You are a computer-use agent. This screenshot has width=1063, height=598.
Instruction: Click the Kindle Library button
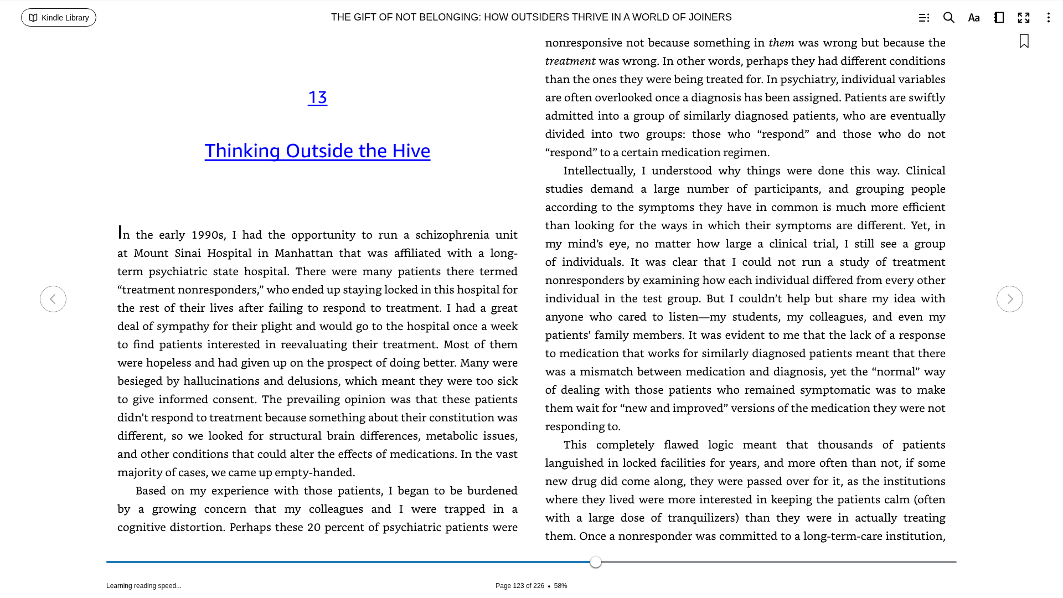click(59, 18)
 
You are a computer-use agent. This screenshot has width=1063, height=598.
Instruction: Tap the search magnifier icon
click(949, 18)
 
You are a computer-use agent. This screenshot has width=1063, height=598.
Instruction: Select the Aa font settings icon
click(974, 18)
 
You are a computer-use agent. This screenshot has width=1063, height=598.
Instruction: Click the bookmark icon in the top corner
click(1024, 42)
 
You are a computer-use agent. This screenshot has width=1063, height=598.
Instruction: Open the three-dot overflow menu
click(1048, 18)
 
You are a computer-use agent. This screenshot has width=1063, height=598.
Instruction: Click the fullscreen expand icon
click(1024, 18)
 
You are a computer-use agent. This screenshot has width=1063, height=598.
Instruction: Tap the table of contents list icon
click(924, 18)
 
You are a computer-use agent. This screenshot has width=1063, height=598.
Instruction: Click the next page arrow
click(1010, 299)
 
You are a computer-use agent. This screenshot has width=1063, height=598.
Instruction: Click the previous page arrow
click(53, 299)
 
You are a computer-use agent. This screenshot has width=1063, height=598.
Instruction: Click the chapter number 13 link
click(317, 97)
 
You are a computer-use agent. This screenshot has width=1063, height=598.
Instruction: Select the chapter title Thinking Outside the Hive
click(317, 151)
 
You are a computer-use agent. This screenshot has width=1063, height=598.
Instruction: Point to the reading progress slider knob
click(596, 562)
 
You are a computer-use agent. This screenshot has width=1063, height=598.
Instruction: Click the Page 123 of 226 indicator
click(519, 586)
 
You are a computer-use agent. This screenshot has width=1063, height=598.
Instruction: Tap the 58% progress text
click(560, 586)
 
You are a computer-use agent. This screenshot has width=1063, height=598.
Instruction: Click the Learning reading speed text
click(144, 586)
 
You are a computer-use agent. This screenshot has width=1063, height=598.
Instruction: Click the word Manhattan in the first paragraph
click(303, 254)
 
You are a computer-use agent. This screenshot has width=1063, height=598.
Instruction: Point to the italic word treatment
click(570, 61)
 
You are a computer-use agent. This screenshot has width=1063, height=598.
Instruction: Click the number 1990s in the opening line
click(207, 235)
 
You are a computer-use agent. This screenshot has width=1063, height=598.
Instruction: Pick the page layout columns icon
click(999, 18)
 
